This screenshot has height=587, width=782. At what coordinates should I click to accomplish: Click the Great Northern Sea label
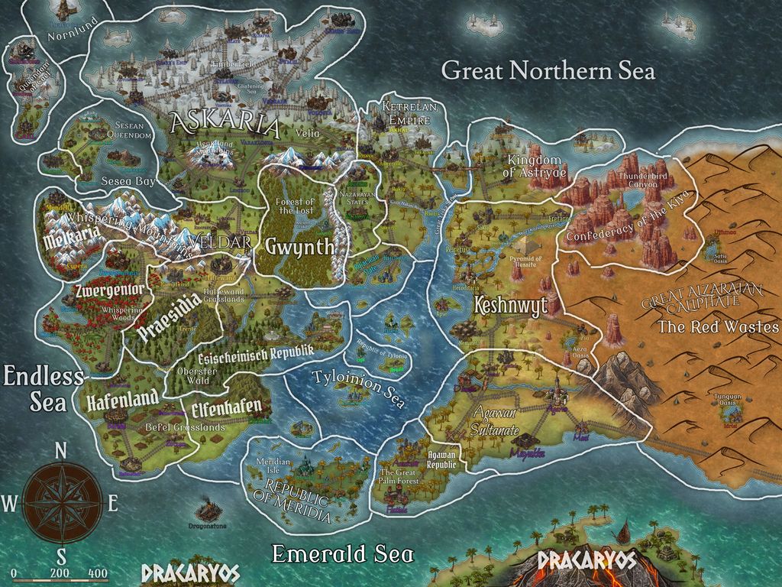tap(548, 71)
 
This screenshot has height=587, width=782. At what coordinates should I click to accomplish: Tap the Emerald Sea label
tap(343, 553)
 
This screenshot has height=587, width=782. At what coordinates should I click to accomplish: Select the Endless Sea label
tap(44, 388)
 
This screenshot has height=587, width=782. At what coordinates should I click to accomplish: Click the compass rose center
tap(61, 503)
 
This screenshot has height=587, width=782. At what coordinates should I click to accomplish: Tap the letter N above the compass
tap(61, 452)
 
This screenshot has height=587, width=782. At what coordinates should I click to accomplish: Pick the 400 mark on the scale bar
tap(97, 573)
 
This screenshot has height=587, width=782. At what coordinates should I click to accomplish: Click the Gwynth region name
tap(299, 246)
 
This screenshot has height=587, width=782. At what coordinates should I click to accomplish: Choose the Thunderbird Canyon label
tap(632, 180)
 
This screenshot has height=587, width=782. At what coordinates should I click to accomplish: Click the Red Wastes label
tap(718, 327)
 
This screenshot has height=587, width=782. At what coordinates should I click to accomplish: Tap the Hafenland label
tap(122, 398)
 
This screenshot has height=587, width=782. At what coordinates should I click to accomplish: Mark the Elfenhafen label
tap(227, 406)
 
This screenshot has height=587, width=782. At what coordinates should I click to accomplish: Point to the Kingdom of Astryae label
tap(538, 167)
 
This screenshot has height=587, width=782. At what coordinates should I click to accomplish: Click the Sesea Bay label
tap(128, 181)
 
